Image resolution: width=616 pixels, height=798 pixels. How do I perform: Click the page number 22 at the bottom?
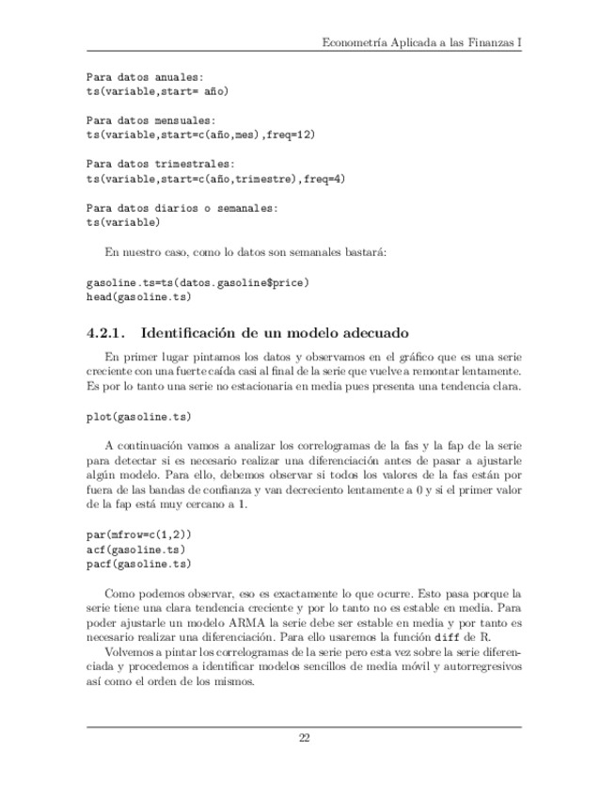305,737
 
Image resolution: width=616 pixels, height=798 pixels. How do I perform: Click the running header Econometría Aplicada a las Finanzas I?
421,42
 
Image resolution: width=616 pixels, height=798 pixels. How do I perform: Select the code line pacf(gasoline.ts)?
138,564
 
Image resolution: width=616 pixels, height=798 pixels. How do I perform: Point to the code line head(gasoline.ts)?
138,297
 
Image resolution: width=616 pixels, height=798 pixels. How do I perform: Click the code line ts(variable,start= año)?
157,91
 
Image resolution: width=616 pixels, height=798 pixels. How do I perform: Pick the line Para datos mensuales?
150,120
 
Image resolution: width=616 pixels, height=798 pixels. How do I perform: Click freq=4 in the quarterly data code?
324,179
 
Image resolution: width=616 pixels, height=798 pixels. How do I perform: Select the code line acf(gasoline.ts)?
135,549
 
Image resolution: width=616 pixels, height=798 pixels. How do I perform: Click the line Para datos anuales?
144,76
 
